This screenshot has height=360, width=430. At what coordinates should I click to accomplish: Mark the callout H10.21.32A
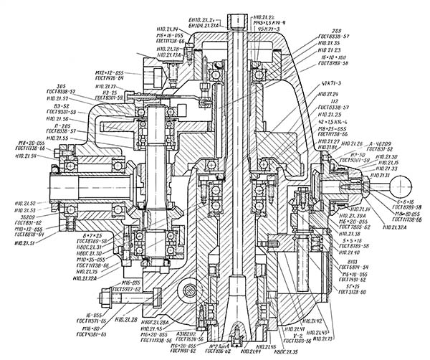391,227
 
